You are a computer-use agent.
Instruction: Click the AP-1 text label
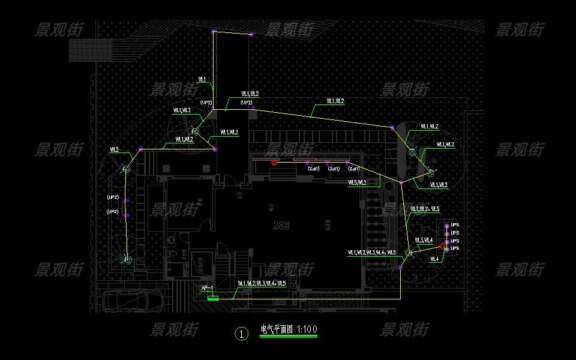(x=207, y=289)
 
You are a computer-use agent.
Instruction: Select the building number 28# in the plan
(x=281, y=226)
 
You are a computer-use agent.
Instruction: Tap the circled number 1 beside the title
(x=241, y=334)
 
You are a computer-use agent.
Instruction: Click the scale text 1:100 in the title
(x=307, y=329)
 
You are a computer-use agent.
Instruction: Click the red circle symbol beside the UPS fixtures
(x=442, y=246)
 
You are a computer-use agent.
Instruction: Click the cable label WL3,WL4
(x=423, y=241)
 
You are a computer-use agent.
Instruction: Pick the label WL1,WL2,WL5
(x=425, y=209)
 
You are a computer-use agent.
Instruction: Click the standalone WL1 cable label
(x=202, y=79)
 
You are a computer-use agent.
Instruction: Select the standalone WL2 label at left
(x=114, y=149)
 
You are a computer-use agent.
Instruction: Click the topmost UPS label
(x=455, y=226)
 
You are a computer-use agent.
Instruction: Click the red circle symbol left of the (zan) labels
(x=274, y=162)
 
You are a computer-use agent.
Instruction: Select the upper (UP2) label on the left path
(x=112, y=197)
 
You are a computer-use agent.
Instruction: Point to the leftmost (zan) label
(x=314, y=169)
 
